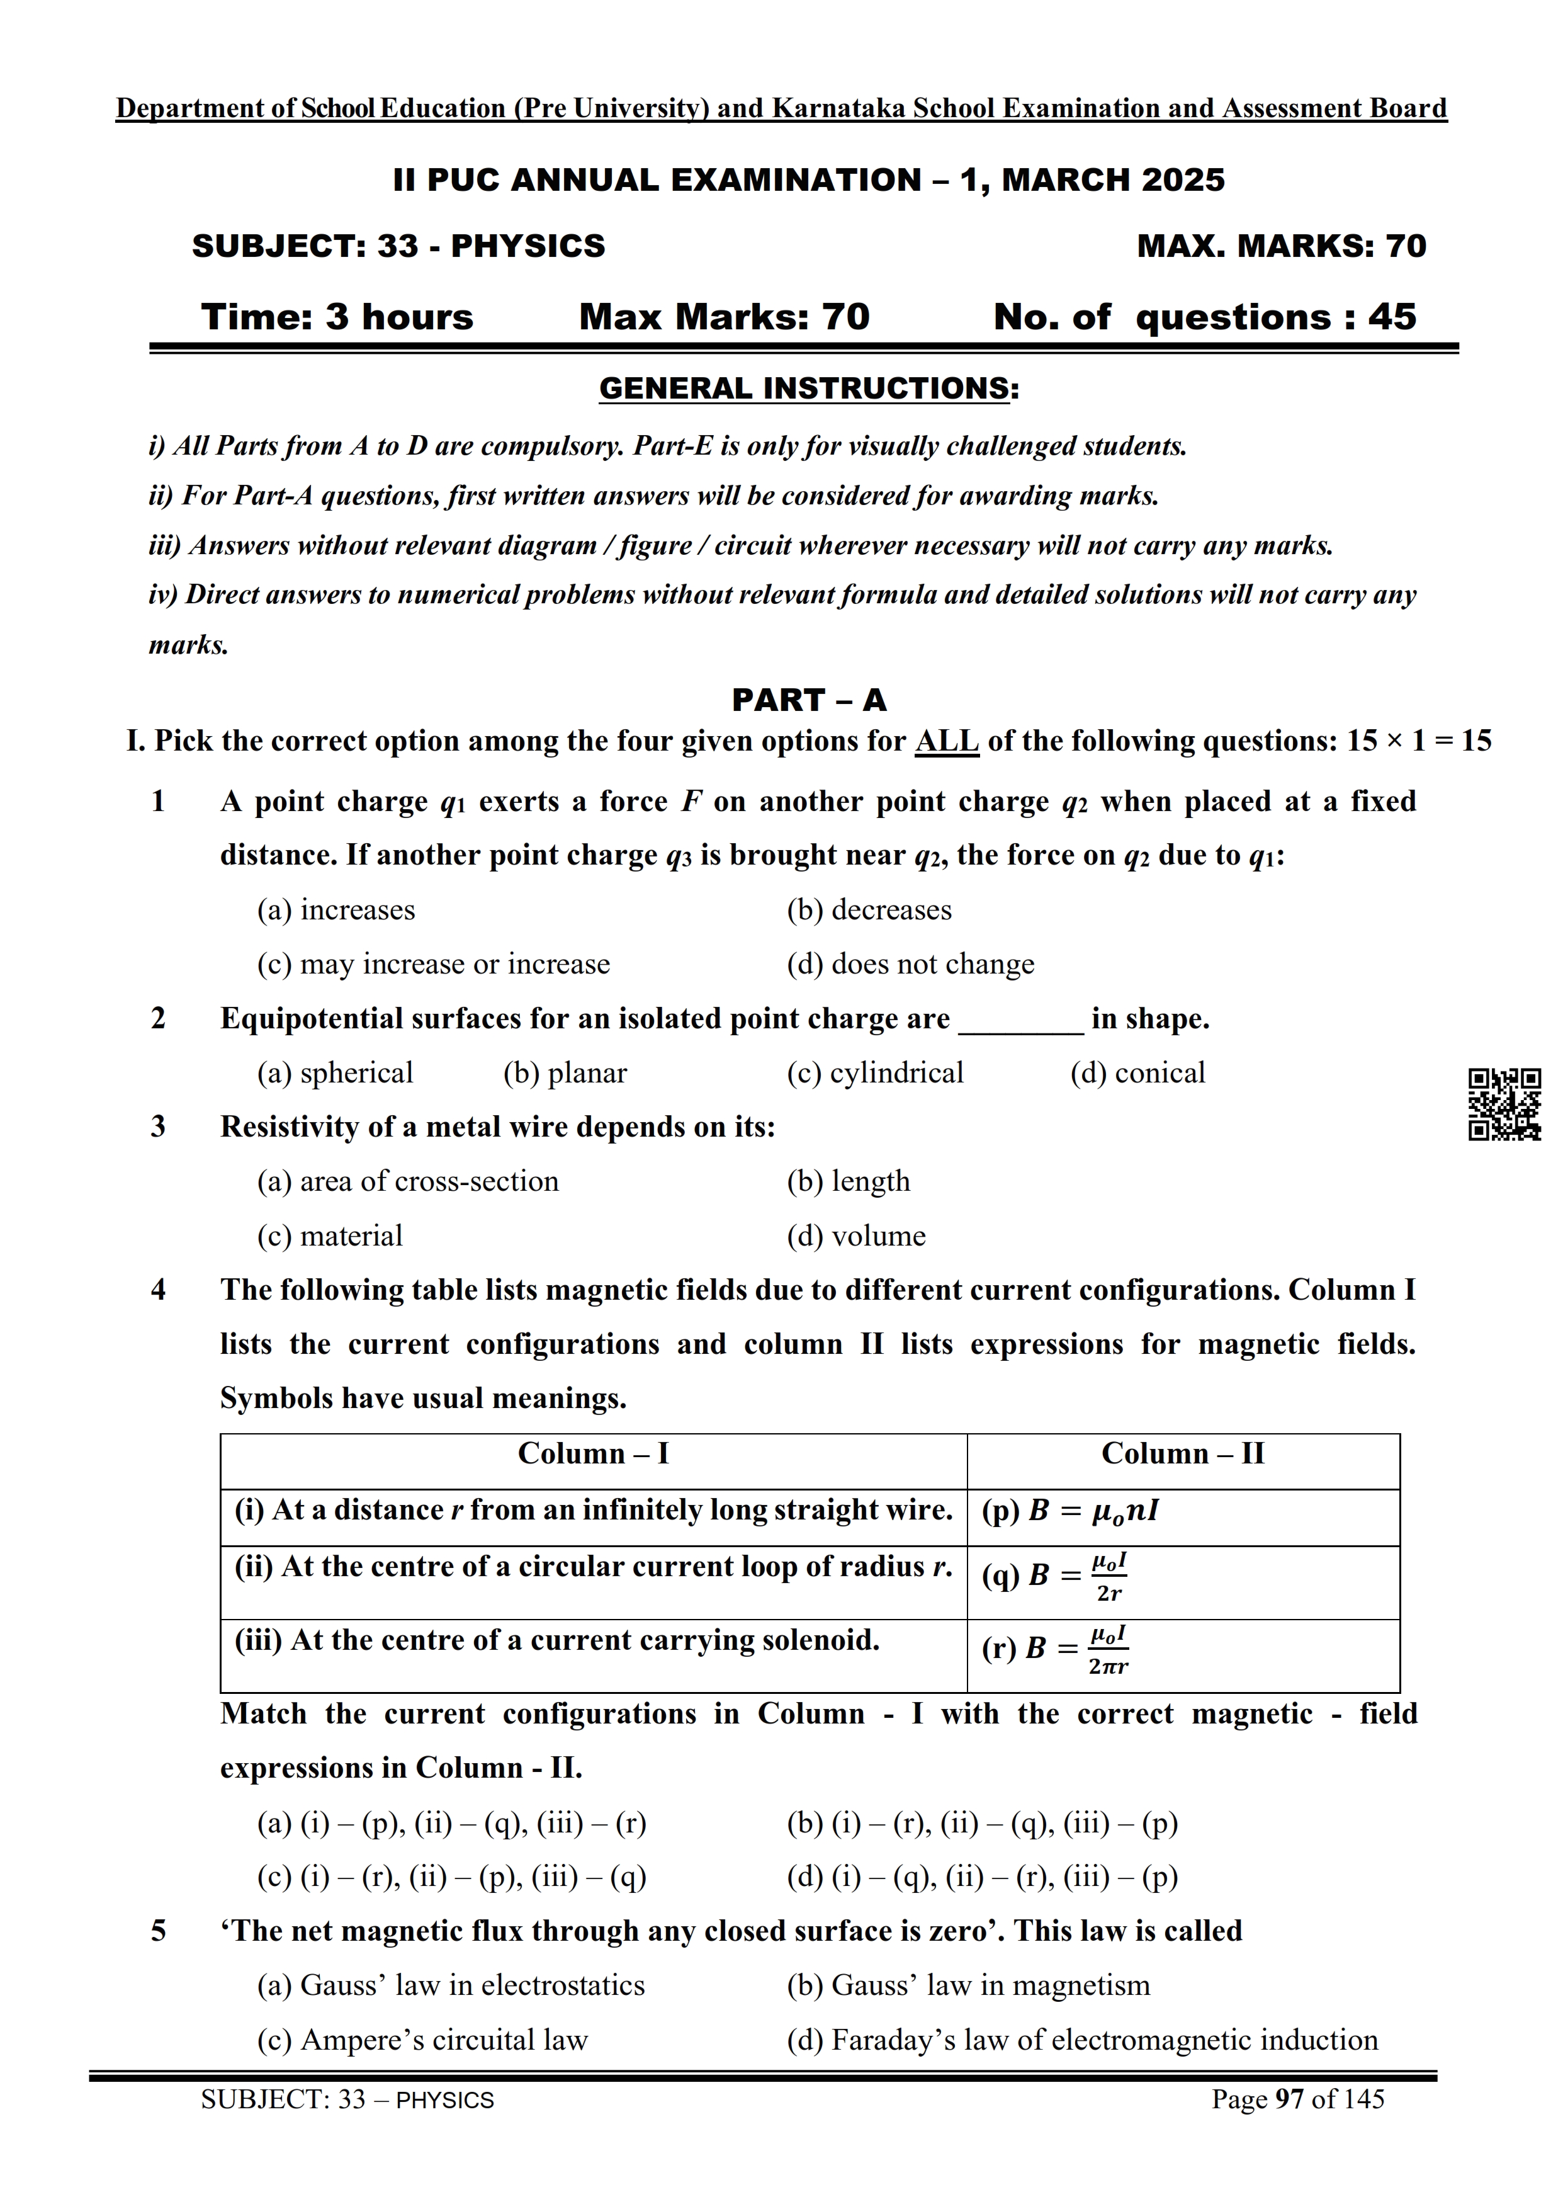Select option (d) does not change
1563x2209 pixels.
(x=910, y=965)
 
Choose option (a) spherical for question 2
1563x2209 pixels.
(x=334, y=1073)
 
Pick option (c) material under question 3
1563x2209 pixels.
(x=329, y=1236)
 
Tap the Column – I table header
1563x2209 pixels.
(x=593, y=1453)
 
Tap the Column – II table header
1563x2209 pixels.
(x=1182, y=1453)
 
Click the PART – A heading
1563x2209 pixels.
(x=808, y=700)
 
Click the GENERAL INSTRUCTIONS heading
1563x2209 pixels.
(x=808, y=389)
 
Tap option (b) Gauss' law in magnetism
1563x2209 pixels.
(x=968, y=1985)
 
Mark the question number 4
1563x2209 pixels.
(x=158, y=1291)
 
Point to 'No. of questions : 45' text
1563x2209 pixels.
(x=1204, y=317)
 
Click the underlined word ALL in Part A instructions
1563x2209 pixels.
(x=946, y=741)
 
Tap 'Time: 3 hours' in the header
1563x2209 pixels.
(x=337, y=317)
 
